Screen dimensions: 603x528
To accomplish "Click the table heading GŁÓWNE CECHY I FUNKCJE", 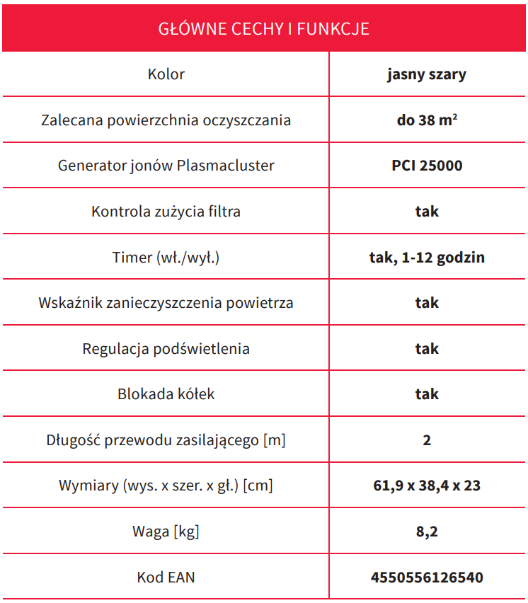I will coord(263,29).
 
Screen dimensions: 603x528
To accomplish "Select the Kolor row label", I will coord(166,74).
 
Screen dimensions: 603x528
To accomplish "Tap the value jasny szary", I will coord(426,74).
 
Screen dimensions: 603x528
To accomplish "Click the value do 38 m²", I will coord(426,120).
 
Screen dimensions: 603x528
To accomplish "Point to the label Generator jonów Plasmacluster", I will coord(166,166).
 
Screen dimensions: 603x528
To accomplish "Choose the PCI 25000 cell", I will coord(427,166).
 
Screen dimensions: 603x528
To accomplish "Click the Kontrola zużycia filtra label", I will coord(166,211).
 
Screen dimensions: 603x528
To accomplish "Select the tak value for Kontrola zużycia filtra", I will coord(427,211).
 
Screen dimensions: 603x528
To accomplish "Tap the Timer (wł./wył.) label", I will coord(166,257).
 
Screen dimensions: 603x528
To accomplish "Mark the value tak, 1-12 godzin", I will coord(427,257).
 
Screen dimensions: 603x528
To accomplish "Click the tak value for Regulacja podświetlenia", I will coord(427,348).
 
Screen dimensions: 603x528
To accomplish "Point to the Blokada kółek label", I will coord(166,394).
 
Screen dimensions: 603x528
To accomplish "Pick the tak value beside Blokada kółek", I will coord(427,394).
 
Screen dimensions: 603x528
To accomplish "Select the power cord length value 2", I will coord(427,440).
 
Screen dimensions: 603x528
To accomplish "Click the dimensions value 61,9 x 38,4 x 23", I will coord(427,486).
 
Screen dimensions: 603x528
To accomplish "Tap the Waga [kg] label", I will coord(166,532).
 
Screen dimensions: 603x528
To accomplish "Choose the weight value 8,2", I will coord(427,532).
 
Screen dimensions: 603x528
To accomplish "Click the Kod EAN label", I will coord(166,578).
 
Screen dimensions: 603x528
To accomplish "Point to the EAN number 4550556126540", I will coord(427,578).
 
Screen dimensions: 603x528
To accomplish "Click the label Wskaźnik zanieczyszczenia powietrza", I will coord(166,303).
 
